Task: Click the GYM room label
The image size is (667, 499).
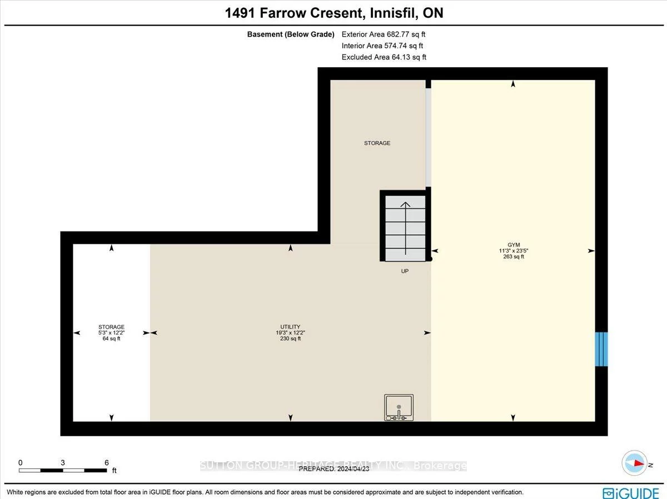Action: tap(513, 244)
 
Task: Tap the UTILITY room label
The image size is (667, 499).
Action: tap(290, 326)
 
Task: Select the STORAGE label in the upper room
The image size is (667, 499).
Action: tap(377, 143)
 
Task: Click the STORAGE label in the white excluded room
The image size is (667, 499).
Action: tap(111, 326)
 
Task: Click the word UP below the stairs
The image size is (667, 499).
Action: tap(405, 271)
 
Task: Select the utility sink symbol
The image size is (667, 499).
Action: tap(399, 407)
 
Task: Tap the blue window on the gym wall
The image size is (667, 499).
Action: tap(601, 349)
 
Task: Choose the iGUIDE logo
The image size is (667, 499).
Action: tap(631, 492)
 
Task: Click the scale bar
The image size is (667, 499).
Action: tap(63, 471)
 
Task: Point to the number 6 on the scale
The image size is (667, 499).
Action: tap(106, 462)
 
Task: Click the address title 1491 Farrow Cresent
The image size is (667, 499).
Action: tap(333, 13)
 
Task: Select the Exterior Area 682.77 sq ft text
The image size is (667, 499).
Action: tap(383, 34)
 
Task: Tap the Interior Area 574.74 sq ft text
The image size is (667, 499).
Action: tap(382, 46)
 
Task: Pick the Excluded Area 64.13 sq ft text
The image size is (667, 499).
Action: tap(384, 57)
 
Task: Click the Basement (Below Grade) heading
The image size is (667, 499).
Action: tap(291, 34)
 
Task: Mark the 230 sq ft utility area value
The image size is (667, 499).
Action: tap(290, 339)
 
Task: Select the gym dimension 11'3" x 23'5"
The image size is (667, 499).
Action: tap(513, 250)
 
